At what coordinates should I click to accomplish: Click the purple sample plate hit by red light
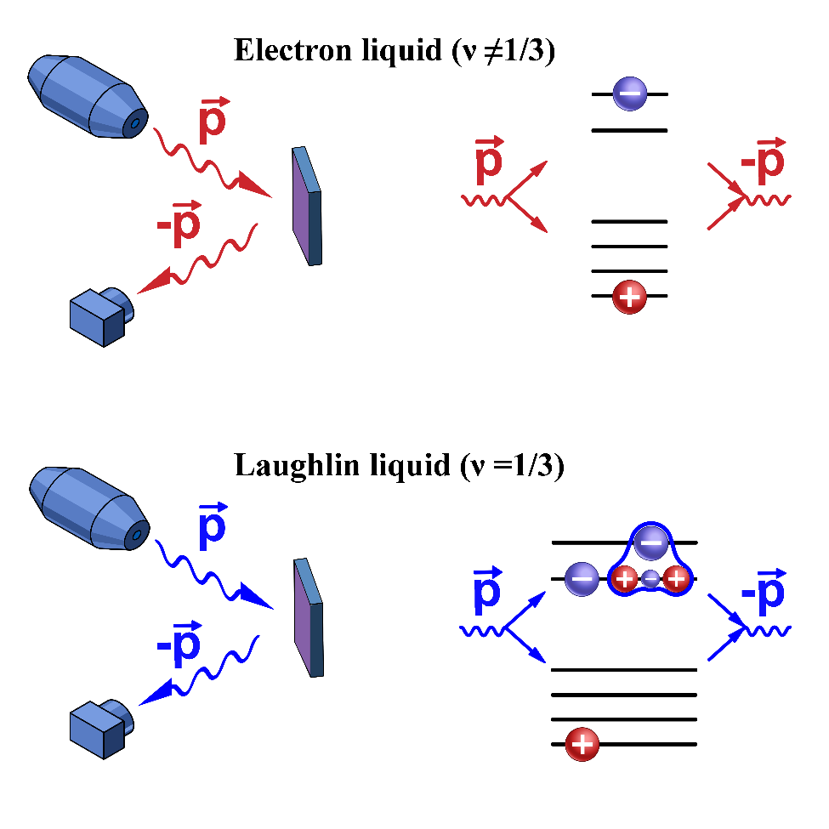[x=306, y=207]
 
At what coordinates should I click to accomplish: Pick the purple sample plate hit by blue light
[x=308, y=618]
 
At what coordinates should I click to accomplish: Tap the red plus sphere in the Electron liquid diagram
[x=629, y=297]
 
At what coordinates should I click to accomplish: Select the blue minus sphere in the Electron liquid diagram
[x=629, y=94]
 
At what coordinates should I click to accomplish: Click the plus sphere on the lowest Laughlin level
[x=582, y=745]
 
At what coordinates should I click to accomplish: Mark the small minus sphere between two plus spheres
[x=650, y=580]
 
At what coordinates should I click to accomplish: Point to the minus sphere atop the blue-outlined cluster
[x=650, y=542]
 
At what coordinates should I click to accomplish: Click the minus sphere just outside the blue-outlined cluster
[x=582, y=580]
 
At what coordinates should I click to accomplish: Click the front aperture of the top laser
[x=133, y=125]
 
